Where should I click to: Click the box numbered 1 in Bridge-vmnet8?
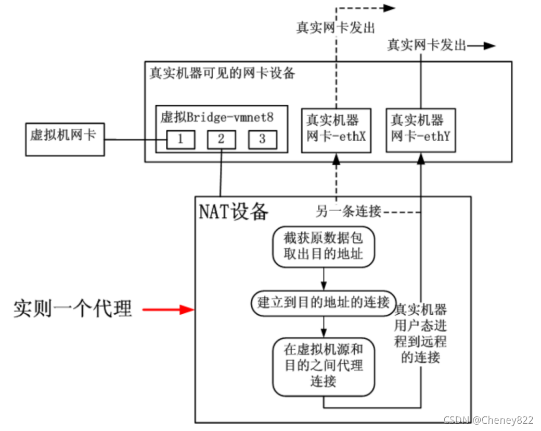[181, 140]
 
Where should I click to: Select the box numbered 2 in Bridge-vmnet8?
[221, 140]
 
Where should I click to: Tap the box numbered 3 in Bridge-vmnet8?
[262, 140]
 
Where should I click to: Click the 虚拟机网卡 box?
[64, 139]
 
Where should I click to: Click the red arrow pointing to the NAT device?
[168, 310]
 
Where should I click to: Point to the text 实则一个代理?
[73, 309]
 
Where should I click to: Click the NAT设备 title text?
[234, 212]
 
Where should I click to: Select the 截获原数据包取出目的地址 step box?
[324, 247]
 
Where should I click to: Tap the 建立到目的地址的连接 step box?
[323, 302]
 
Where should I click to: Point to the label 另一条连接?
[348, 212]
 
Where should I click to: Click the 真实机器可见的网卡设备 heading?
[222, 73]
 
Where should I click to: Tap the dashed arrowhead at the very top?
[390, 7]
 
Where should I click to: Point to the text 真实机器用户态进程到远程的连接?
[421, 334]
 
